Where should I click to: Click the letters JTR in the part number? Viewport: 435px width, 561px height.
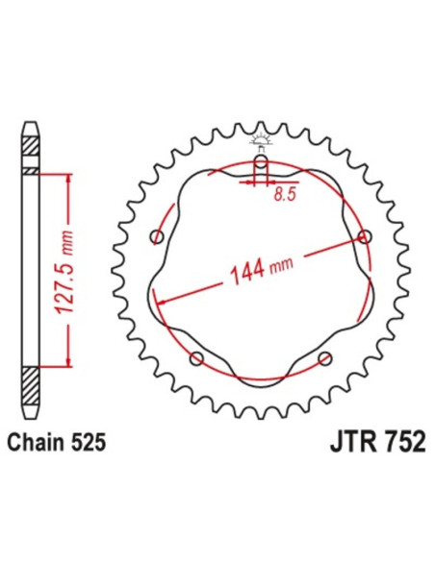[339, 446]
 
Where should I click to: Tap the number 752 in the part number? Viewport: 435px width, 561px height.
[391, 446]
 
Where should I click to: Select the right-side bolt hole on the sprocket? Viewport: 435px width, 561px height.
[364, 236]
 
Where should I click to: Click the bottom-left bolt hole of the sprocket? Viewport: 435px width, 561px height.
[196, 359]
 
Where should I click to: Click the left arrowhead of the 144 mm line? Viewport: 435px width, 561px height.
[160, 301]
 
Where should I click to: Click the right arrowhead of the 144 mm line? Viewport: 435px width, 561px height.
[360, 240]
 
